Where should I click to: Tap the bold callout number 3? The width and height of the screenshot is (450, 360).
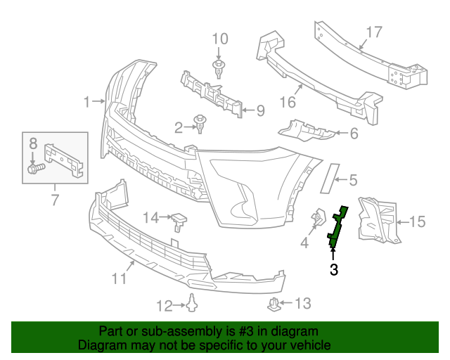point(334,269)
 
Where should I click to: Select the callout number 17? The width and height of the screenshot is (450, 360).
point(374,32)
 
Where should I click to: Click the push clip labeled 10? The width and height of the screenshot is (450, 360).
point(219,69)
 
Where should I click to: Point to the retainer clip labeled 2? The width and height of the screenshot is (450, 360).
point(200,124)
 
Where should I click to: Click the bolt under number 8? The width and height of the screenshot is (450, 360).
point(37,168)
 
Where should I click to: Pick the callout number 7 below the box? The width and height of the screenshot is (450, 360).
point(55,199)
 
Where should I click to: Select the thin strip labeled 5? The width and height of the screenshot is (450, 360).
point(330,179)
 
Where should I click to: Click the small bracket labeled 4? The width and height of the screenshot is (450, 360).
point(319,218)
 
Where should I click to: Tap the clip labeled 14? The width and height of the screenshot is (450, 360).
point(179,221)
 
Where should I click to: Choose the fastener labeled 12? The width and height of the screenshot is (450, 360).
point(192,302)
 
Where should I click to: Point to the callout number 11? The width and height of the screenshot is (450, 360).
point(119,278)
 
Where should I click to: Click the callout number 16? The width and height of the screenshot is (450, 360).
point(288,102)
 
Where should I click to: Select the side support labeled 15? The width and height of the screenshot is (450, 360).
point(378,220)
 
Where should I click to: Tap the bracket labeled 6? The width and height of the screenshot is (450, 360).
point(307,131)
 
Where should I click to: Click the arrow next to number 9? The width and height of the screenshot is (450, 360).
point(249,110)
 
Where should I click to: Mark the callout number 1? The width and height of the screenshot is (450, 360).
point(86,102)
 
